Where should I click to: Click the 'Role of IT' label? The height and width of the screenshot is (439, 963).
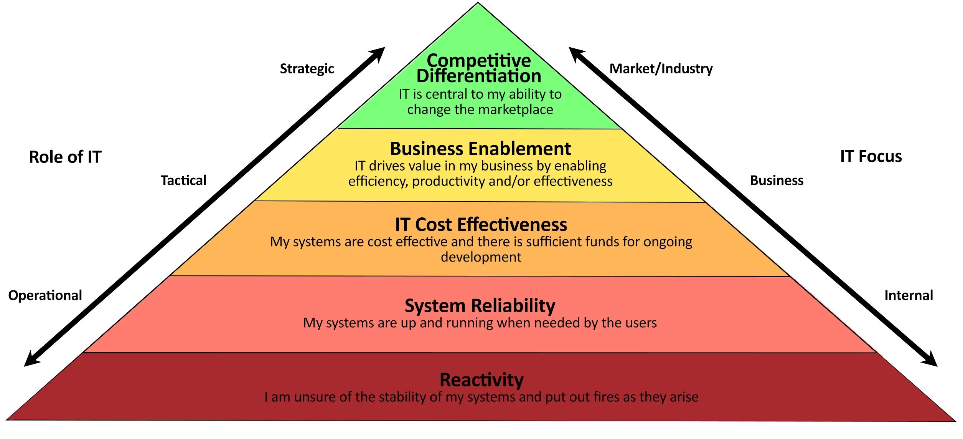point(65,157)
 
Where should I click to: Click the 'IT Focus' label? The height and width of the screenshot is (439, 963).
point(871,156)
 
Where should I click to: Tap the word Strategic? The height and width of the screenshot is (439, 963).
point(307,69)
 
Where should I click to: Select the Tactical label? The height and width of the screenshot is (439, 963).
point(183,181)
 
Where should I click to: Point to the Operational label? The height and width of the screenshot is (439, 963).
point(45,295)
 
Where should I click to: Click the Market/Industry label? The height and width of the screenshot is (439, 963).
point(661,69)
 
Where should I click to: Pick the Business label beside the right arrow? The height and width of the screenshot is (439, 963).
point(777,181)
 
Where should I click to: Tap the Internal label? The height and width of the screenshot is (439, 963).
point(909,295)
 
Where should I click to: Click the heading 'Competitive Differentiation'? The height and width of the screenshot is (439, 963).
point(479,68)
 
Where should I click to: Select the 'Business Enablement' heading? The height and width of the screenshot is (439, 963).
point(480,149)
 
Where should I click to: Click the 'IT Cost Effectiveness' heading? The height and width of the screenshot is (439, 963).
point(481,224)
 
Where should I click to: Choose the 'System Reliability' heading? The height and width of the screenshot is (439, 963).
point(480,306)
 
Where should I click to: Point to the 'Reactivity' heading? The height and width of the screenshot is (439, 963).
point(482,380)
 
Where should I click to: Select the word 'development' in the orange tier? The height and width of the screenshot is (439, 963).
point(481,257)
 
